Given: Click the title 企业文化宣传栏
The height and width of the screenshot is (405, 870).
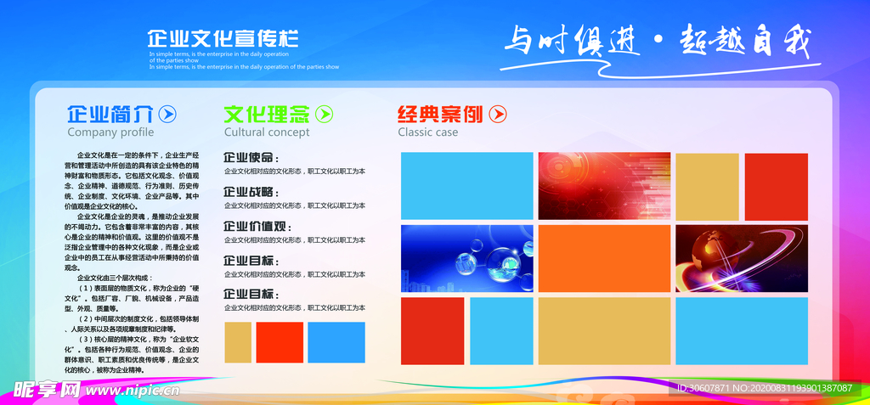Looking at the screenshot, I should coord(223,38).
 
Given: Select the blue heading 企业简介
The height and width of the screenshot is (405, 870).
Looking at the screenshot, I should coord(110,114).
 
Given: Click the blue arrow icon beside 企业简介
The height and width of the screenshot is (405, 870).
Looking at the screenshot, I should coord(168,114).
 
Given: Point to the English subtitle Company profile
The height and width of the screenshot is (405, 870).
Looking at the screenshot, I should coord(110,132).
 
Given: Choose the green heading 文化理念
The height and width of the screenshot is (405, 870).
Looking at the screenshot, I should coord(266,114).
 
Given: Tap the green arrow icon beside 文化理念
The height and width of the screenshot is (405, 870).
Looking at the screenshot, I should coord(325,114).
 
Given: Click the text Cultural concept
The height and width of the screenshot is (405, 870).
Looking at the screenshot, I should coord(267,132).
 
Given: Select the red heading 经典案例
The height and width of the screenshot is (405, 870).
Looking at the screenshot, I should coord(440,114).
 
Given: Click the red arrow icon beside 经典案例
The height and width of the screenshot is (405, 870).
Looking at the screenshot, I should coord(498,114).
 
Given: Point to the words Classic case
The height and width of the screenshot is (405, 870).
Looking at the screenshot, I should coord(427,132).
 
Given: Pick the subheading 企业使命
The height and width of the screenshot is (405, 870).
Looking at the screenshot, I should coord(250,157).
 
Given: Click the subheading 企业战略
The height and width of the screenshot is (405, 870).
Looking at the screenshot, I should coord(250,192).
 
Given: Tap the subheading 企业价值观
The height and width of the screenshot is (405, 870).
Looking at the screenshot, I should coord(257,227).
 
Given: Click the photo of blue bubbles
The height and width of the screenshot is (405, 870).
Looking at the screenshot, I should coord(466,258).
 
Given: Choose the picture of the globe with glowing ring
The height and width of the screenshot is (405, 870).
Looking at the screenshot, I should coord(741,258).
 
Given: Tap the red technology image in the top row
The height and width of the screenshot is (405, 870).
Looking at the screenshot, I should coord(604,186).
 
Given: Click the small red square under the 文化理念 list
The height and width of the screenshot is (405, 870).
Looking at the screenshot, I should coord(280,342).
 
